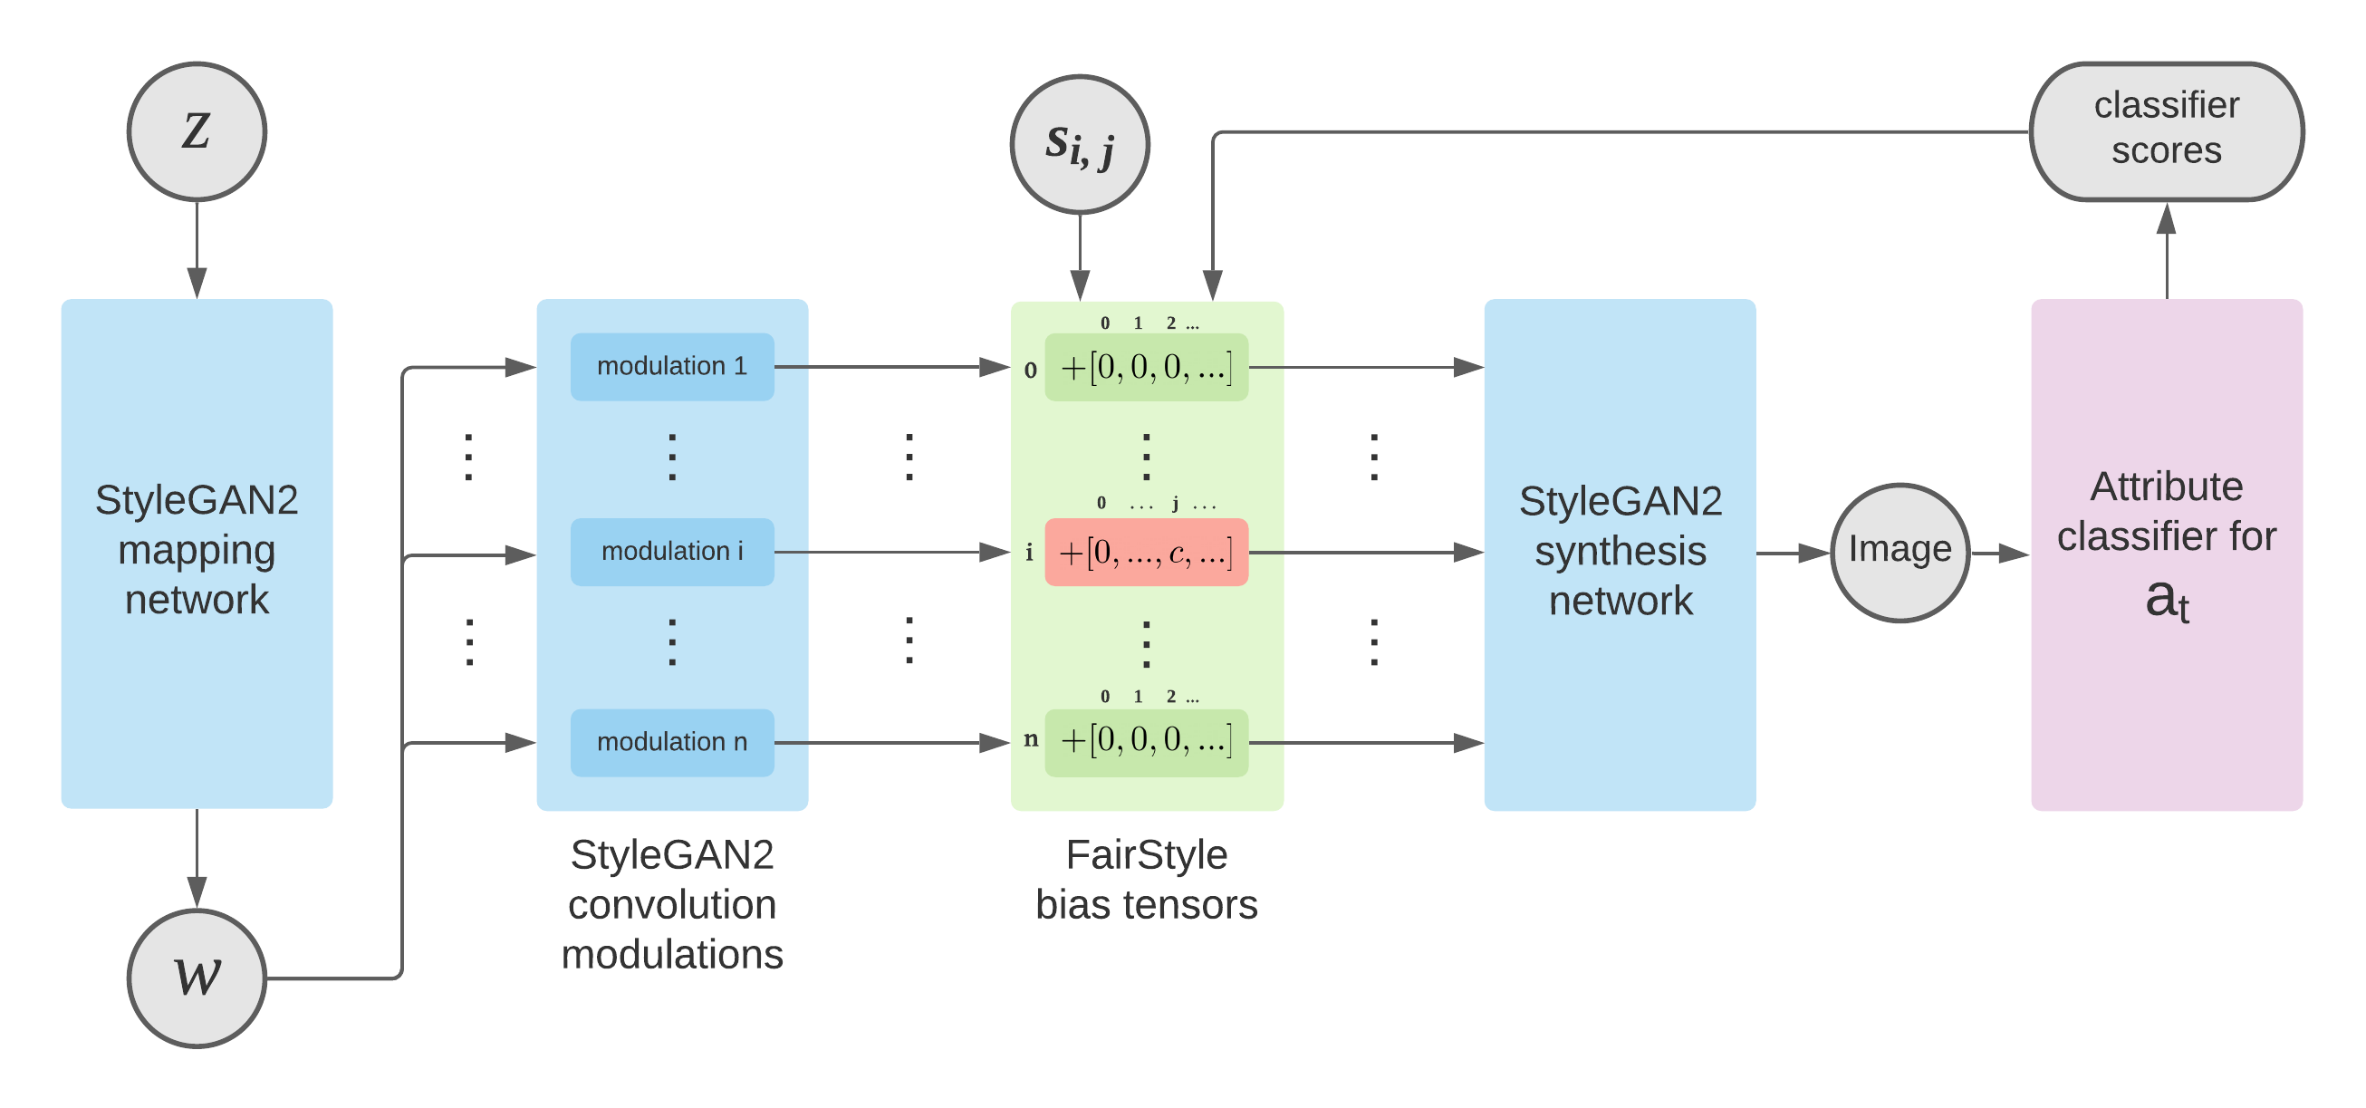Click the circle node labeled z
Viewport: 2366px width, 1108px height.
pos(197,131)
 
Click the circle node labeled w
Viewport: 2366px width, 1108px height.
pos(197,978)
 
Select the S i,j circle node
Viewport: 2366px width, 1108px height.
pos(1079,144)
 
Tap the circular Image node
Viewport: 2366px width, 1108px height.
pos(1899,552)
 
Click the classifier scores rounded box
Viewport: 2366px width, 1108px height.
pos(2166,130)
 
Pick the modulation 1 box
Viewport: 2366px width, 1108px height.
pos(671,367)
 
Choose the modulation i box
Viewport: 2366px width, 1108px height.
pos(671,551)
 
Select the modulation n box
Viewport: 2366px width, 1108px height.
pos(671,741)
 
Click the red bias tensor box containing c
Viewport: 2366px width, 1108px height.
pos(1145,552)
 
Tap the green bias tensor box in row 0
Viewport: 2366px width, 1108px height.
pos(1145,367)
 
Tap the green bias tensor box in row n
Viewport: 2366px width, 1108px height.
pos(1145,741)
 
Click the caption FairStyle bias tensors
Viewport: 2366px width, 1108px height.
pos(1145,879)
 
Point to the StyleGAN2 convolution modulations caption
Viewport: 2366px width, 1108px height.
pos(671,904)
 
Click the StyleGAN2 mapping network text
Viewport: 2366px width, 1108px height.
pos(197,549)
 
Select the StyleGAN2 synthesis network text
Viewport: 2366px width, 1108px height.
pos(1620,550)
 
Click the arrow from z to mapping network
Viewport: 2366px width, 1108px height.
pos(197,248)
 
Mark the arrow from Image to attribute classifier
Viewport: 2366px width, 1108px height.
pos(1999,553)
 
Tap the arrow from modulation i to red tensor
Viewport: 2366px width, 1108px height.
pos(891,552)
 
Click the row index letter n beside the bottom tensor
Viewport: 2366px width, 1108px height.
pos(1031,738)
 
